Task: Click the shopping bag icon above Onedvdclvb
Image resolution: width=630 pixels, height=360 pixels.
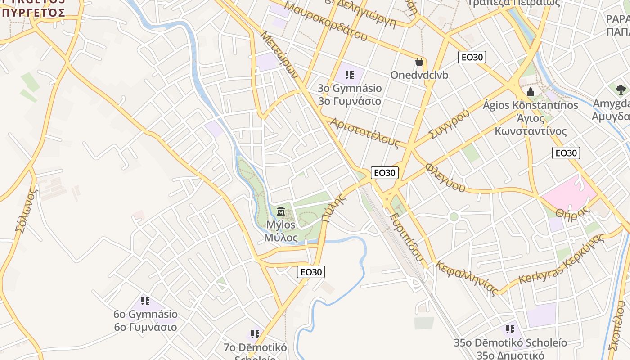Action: (x=419, y=61)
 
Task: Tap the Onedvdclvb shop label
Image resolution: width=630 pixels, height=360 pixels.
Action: (x=419, y=75)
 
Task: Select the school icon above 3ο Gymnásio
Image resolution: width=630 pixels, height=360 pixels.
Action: (x=349, y=75)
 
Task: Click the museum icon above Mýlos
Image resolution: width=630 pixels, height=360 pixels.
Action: (x=281, y=211)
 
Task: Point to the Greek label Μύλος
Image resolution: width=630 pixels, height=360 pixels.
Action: (x=281, y=237)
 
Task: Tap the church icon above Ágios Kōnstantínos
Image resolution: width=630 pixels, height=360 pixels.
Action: (x=531, y=92)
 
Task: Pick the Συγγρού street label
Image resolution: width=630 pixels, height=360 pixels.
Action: (x=449, y=123)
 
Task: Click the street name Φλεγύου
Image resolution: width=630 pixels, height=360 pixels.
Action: (x=445, y=177)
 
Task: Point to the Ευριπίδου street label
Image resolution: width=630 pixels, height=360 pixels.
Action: (x=407, y=237)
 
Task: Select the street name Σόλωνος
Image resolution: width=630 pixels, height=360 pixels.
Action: (x=26, y=210)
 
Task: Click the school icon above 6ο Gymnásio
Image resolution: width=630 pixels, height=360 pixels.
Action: (x=145, y=301)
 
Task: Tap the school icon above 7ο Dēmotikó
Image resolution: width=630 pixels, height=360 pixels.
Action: (x=255, y=334)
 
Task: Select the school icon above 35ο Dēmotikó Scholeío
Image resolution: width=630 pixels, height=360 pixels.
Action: (x=510, y=329)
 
